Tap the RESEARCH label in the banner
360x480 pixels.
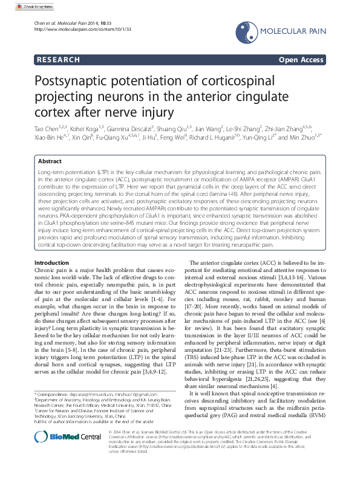click(x=58, y=60)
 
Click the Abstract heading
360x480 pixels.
click(x=49, y=161)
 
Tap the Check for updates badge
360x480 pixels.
click(x=21, y=5)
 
